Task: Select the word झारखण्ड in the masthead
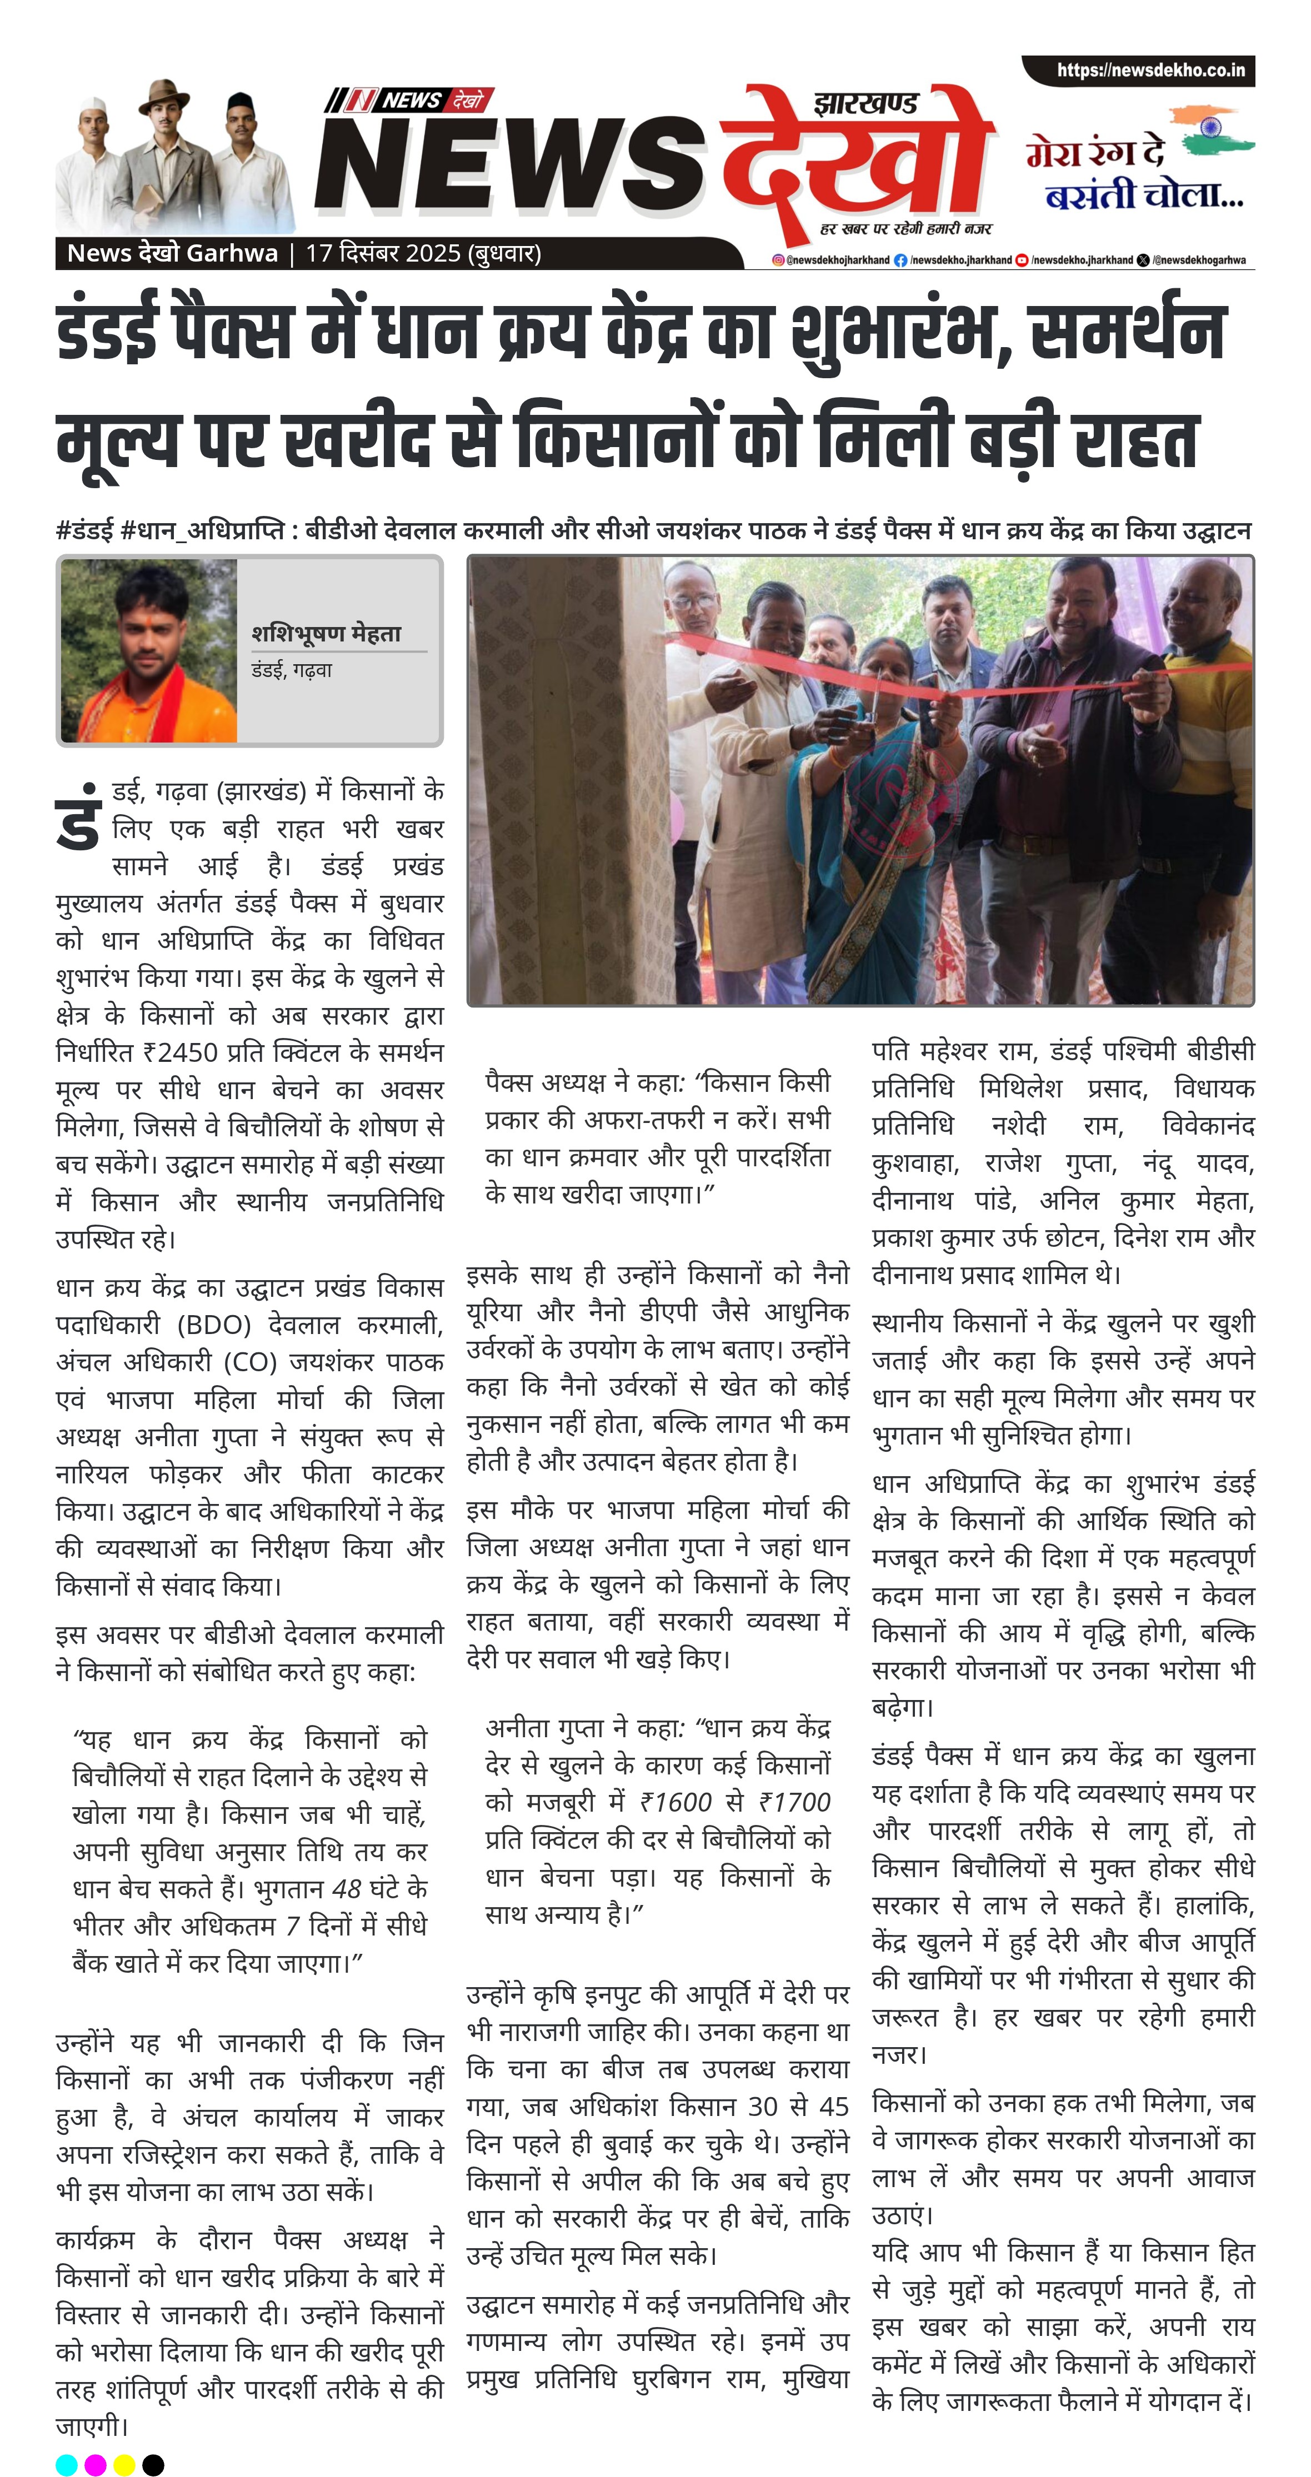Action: (x=865, y=102)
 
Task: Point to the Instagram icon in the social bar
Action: (x=778, y=259)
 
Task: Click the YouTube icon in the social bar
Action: (x=1023, y=259)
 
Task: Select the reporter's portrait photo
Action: (x=149, y=651)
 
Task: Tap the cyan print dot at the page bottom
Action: (x=66, y=2464)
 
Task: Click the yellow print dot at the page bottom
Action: (x=124, y=2464)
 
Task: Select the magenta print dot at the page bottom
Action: (x=95, y=2464)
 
